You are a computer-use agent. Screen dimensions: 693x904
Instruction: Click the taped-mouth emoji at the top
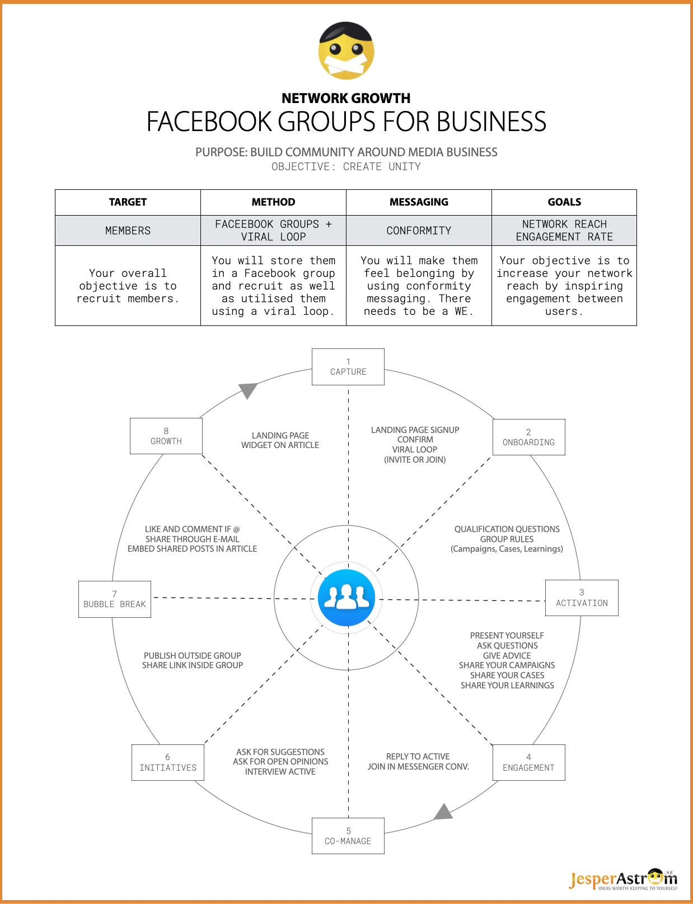coord(346,50)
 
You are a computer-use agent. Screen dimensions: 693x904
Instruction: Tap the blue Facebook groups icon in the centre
coord(346,598)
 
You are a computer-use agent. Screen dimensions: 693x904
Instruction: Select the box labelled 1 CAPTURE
coord(348,366)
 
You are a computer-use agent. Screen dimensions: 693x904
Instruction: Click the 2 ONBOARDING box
coord(528,437)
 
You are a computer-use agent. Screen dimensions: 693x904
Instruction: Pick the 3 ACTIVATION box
coord(582,598)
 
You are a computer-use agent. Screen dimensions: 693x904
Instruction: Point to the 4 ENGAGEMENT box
coord(528,762)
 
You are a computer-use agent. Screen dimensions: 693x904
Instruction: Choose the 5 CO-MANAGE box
coord(348,836)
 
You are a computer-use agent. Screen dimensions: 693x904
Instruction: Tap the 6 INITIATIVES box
coord(168,762)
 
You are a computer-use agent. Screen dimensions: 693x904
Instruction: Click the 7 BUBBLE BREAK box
coord(115,599)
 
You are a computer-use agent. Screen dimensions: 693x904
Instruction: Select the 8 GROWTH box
coord(166,436)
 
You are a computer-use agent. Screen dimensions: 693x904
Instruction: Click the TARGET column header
coord(128,202)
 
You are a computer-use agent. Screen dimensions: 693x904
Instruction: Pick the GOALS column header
coord(564,202)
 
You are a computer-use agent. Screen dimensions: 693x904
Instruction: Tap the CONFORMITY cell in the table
coord(419,230)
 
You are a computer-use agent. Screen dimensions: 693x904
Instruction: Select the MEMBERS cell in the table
coord(128,230)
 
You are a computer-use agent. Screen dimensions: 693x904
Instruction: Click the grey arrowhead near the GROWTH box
coord(248,390)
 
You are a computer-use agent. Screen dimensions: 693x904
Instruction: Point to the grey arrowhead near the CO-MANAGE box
coord(443,812)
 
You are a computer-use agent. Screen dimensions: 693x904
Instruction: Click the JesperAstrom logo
coord(623,879)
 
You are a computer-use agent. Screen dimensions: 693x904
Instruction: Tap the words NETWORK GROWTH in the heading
coord(346,98)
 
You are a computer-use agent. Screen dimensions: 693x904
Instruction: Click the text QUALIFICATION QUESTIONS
coord(507,529)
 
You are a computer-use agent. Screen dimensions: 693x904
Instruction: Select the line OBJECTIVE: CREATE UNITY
coord(346,167)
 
